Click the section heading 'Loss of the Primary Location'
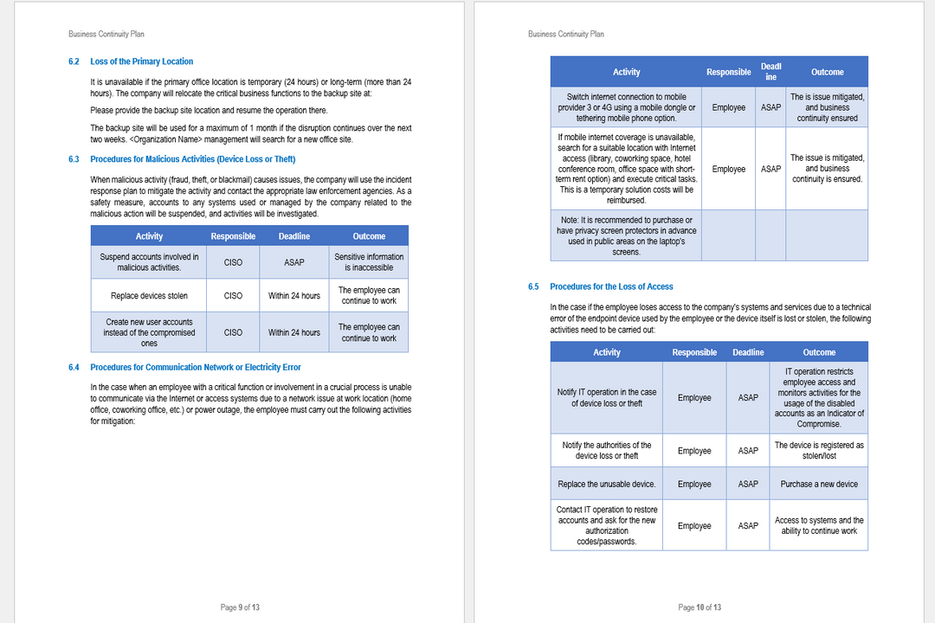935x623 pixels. [141, 61]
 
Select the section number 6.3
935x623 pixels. [74, 159]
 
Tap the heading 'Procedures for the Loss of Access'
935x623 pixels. [610, 286]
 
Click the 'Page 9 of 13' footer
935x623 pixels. [240, 607]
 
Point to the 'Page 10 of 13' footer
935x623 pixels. [700, 607]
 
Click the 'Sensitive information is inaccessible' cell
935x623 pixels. [369, 262]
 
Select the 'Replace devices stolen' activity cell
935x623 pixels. [149, 296]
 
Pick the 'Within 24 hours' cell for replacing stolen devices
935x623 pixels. [294, 296]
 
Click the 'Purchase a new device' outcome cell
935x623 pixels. [819, 484]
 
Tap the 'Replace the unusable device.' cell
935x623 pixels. [607, 484]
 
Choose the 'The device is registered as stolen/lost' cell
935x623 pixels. [819, 451]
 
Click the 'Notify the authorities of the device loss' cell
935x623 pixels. [607, 451]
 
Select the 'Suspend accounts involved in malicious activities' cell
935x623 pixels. [149, 262]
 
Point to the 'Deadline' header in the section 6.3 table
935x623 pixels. [294, 236]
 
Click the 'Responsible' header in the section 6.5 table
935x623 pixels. [694, 352]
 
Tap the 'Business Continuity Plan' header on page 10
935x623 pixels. [566, 35]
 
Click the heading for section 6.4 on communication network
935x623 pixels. [195, 368]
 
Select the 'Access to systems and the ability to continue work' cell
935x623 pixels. [819, 526]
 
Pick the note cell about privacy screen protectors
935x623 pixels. [626, 236]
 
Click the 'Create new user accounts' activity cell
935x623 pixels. [149, 332]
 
